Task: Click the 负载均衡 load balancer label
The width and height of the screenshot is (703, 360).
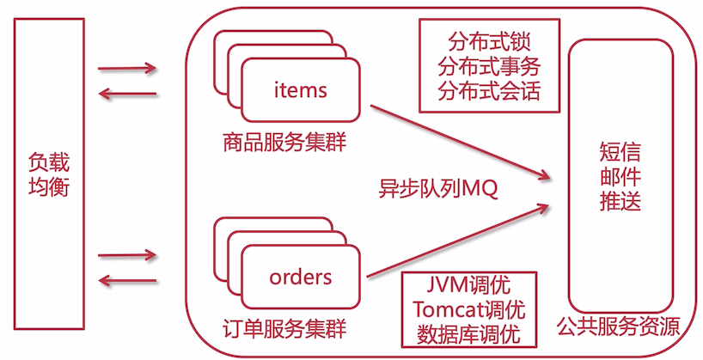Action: pyautogui.click(x=49, y=174)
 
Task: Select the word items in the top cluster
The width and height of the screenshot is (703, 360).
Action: pyautogui.click(x=300, y=89)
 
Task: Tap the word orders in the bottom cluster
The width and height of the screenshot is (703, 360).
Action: pyautogui.click(x=300, y=277)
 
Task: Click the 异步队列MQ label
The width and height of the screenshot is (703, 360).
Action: pyautogui.click(x=439, y=187)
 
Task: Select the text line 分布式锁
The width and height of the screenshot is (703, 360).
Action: pyautogui.click(x=490, y=41)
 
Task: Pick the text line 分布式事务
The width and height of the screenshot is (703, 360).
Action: pyautogui.click(x=490, y=66)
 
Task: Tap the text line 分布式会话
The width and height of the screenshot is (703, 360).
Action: pyautogui.click(x=490, y=91)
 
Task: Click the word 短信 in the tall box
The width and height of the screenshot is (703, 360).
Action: pyautogui.click(x=620, y=153)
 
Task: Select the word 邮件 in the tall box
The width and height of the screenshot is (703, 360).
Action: pyautogui.click(x=620, y=178)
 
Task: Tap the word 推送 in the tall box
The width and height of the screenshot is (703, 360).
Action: pyautogui.click(x=620, y=203)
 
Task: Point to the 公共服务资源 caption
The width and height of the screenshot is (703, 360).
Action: pyautogui.click(x=619, y=327)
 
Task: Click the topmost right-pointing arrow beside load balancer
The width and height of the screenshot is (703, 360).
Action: pyautogui.click(x=127, y=68)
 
